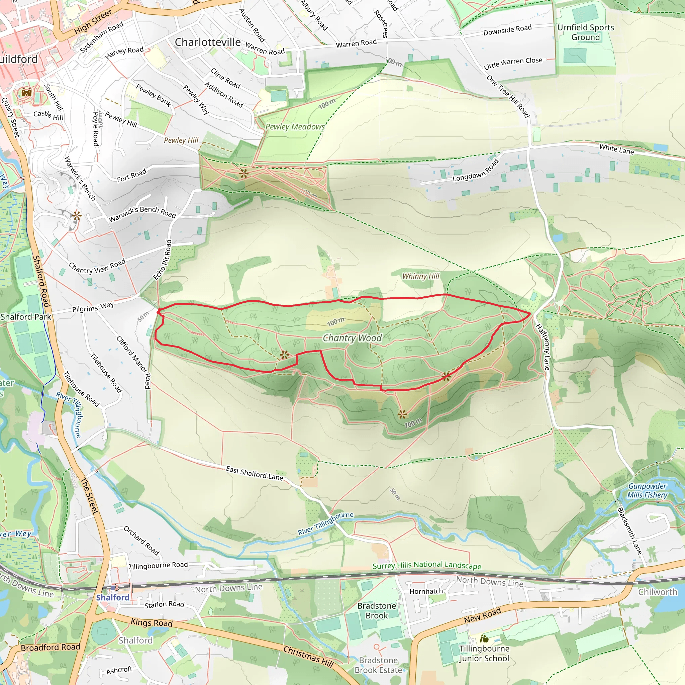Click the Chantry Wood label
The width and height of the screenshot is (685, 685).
coord(352,338)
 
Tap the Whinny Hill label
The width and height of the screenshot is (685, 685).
coord(420,276)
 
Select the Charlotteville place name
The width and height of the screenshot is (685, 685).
coord(207,42)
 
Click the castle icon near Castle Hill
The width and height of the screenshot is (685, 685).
coord(26,93)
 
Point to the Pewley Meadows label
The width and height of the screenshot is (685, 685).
coord(295,127)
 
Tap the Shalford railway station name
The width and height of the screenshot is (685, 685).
coord(113,597)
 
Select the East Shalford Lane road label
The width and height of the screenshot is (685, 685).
coord(255,473)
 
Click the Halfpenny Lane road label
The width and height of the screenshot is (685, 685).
coord(542,347)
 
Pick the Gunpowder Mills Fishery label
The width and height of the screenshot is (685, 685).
coord(647,491)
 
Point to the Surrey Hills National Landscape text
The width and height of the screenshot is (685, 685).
coord(427,565)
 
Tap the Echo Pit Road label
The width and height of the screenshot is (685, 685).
coord(163,260)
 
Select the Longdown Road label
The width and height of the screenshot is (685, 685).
coord(476,171)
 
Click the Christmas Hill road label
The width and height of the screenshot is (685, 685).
coord(308,657)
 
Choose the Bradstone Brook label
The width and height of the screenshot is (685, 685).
coord(377,610)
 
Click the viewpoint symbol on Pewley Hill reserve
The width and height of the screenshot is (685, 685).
coord(243,173)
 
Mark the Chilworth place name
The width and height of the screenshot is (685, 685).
coord(657,592)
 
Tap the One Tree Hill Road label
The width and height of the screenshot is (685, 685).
coord(508,96)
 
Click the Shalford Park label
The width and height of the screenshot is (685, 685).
coord(26,317)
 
